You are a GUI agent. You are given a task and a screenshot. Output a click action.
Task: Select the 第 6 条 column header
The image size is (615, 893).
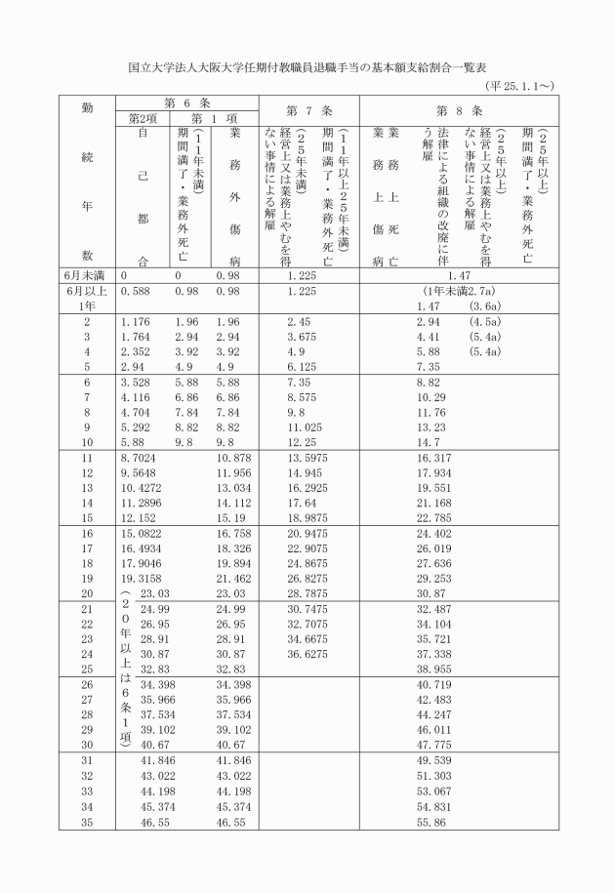183,103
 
